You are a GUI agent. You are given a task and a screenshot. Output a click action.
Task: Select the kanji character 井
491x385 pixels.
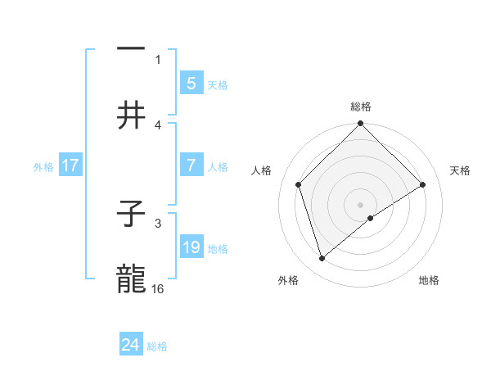pos(131,115)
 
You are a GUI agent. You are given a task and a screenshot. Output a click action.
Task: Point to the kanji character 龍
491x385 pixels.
pos(131,279)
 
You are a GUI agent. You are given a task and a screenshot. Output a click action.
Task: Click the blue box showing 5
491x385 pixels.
pos(191,83)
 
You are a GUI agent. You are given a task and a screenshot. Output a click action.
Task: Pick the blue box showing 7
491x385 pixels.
pos(191,165)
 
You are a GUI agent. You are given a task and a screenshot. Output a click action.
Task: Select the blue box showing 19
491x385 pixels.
pos(191,247)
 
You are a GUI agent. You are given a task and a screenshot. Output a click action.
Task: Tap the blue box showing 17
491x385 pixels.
pos(70,165)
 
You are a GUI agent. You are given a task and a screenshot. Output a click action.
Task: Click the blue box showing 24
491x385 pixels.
pos(131,345)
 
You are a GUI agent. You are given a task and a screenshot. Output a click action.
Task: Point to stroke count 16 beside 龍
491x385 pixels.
pos(159,288)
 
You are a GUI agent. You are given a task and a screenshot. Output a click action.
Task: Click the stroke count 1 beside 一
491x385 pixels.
pos(159,59)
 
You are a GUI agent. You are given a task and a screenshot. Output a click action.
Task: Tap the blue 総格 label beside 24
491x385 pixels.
pos(157,346)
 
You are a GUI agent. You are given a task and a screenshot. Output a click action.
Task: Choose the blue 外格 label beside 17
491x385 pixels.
pos(43,166)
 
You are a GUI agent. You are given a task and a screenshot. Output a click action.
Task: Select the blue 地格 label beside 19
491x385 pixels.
pos(218,248)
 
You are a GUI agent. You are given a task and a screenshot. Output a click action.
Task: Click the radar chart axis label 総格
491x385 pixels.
pos(361,106)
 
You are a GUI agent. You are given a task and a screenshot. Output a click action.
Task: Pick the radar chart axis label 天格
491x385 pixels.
pos(461,170)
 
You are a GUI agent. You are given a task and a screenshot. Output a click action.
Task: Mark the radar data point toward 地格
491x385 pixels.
pos(371,218)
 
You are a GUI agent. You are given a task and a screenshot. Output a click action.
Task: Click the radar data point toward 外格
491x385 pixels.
pos(322,259)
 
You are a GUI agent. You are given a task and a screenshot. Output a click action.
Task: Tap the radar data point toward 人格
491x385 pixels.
pos(299,184)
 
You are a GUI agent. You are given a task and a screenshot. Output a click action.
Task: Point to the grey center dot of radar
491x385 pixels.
pos(361,204)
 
